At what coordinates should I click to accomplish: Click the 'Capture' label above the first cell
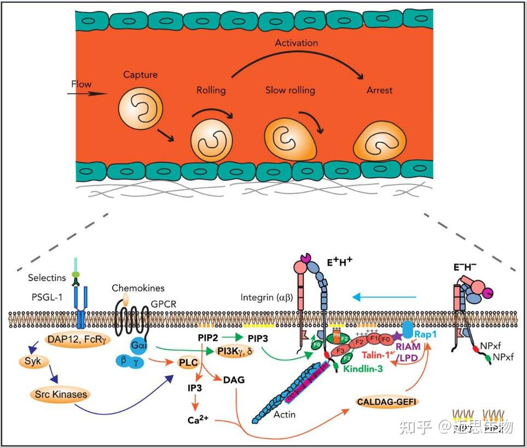point(140,75)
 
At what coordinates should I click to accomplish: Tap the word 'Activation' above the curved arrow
point(296,43)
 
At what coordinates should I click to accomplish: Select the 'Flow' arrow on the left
point(88,93)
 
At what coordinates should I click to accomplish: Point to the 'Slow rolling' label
point(290,90)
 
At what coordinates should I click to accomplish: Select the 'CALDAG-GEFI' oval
point(386,402)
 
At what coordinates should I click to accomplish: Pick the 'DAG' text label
point(233,380)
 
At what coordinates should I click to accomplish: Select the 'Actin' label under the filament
point(284,414)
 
